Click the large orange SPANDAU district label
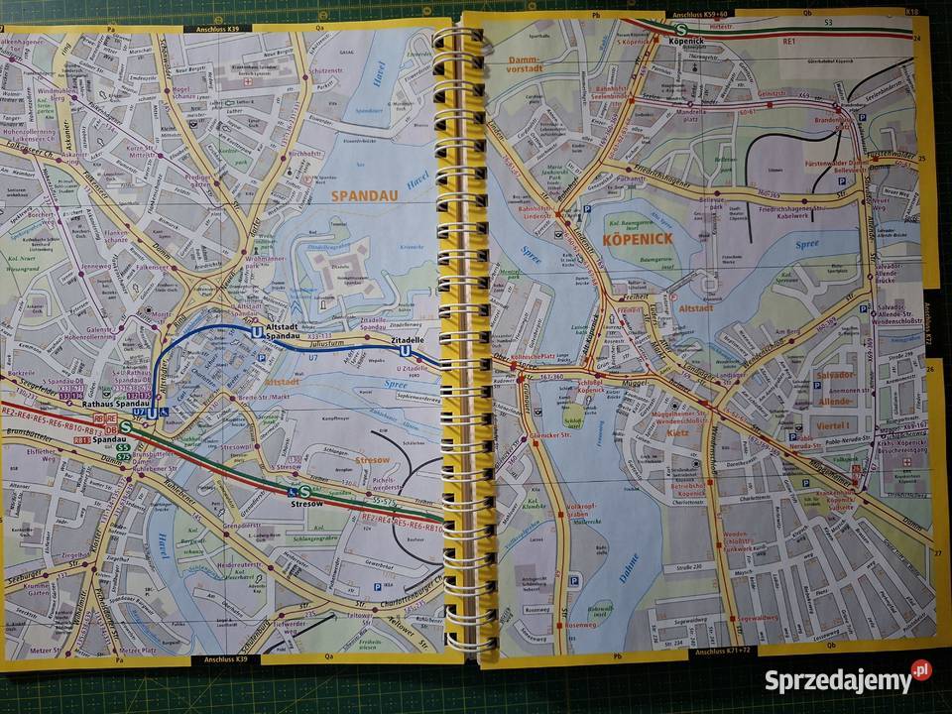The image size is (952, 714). pos(364,195)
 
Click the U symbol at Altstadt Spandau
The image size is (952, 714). pos(258,333)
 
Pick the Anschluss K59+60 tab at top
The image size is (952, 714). pos(700,15)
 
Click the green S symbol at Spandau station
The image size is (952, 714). pos(125,427)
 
